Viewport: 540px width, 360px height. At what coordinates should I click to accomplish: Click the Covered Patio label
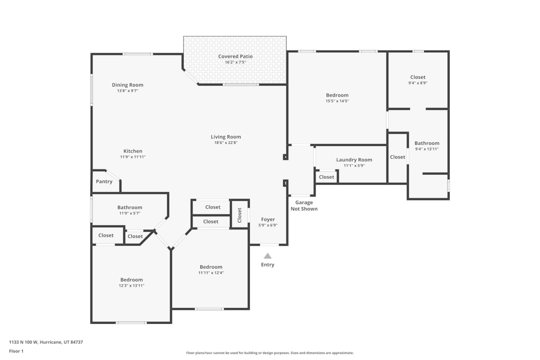pyautogui.click(x=235, y=57)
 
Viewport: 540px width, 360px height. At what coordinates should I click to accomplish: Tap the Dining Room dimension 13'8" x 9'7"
pyautogui.click(x=127, y=91)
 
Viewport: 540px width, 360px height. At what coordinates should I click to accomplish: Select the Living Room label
pyautogui.click(x=226, y=137)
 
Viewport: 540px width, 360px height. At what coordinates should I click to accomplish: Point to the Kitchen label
pyautogui.click(x=132, y=151)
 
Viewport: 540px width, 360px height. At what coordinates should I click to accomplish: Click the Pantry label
pyautogui.click(x=104, y=181)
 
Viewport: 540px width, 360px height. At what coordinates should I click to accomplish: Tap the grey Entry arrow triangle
pyautogui.click(x=267, y=256)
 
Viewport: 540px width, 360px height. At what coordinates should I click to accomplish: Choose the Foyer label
pyautogui.click(x=268, y=219)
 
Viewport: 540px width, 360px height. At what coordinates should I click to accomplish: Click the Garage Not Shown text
pyautogui.click(x=304, y=206)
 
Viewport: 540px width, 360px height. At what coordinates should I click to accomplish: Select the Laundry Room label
pyautogui.click(x=354, y=160)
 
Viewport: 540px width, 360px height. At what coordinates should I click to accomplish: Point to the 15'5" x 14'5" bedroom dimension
pyautogui.click(x=337, y=101)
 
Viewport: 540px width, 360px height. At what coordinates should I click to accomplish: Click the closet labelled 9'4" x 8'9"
pyautogui.click(x=418, y=77)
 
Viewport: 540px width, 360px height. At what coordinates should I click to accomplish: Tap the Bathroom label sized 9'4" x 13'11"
pyautogui.click(x=427, y=143)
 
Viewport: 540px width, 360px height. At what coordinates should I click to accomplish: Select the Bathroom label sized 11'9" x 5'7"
pyautogui.click(x=130, y=207)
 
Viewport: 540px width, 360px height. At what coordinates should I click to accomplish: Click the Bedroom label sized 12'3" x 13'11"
pyautogui.click(x=131, y=280)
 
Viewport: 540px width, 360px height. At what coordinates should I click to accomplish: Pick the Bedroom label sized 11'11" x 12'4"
pyautogui.click(x=211, y=267)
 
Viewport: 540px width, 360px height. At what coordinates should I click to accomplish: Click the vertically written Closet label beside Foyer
pyautogui.click(x=240, y=215)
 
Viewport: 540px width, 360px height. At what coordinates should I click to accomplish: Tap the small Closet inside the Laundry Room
pyautogui.click(x=326, y=177)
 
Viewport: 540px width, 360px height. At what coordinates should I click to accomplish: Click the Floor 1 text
pyautogui.click(x=16, y=351)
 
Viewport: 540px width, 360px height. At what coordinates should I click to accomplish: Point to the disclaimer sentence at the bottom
pyautogui.click(x=270, y=353)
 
